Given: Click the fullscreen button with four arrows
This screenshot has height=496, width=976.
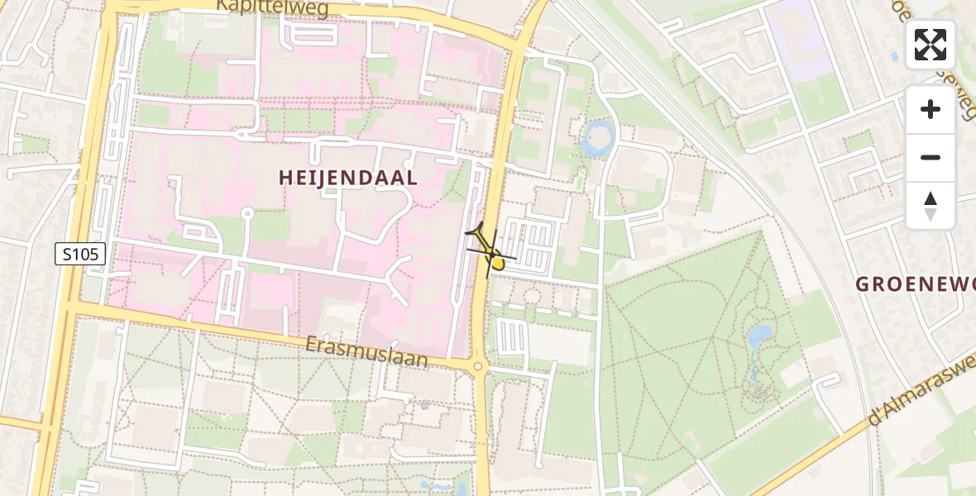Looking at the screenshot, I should [x=931, y=45].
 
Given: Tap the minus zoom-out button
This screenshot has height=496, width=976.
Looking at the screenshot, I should [x=931, y=157].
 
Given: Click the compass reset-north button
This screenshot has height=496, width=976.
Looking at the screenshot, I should [x=931, y=206].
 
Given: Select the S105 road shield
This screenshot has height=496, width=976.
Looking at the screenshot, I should [x=80, y=254].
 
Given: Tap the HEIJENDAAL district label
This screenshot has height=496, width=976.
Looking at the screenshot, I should [x=347, y=178].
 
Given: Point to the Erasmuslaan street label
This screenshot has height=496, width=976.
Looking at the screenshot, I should [x=366, y=351].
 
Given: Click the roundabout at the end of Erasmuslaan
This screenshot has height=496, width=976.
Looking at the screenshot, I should [x=477, y=366].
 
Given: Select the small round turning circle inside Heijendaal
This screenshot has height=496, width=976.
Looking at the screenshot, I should [x=246, y=214].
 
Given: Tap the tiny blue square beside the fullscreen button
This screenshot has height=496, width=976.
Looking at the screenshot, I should [x=894, y=57].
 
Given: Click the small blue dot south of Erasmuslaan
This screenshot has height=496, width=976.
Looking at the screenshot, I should [x=424, y=406].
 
